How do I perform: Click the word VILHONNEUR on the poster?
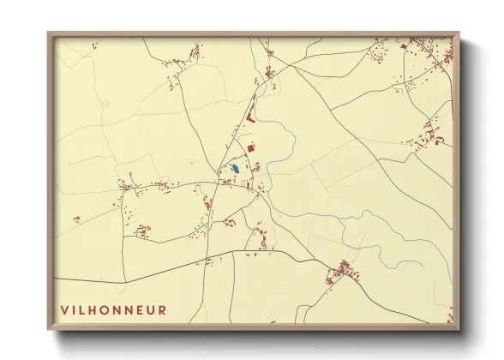(x=113, y=309)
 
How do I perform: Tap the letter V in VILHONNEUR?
(x=64, y=309)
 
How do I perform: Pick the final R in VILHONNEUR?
(x=163, y=309)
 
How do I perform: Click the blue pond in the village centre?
(x=233, y=169)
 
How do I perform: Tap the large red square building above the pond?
(x=251, y=148)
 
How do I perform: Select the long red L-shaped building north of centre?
(x=249, y=114)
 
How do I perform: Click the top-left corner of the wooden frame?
(x=49, y=33)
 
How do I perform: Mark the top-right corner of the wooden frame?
(x=459, y=33)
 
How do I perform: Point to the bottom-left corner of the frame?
(x=49, y=329)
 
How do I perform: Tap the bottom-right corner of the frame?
(x=459, y=329)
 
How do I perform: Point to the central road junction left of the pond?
(x=219, y=182)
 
